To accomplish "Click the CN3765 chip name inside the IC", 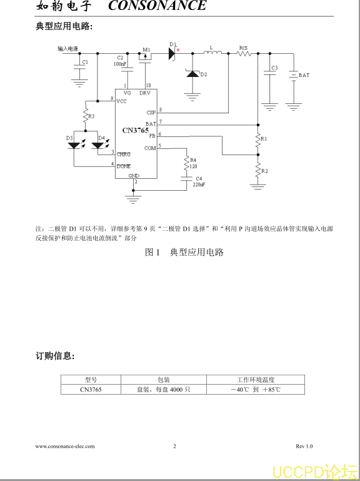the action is click(136, 130).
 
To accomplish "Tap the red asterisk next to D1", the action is click(177, 49).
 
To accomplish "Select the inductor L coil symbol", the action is click(212, 54).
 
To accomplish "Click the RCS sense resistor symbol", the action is click(244, 54).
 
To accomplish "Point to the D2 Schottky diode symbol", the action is click(192, 74).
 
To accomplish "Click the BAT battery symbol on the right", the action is click(294, 76).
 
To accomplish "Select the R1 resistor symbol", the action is click(258, 139).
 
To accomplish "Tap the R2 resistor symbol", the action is click(258, 171).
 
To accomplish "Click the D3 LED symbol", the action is click(74, 145).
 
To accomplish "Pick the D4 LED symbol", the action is click(98, 145).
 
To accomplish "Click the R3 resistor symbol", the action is click(86, 115).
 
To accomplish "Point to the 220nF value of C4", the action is click(199, 185).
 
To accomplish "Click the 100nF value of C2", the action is click(119, 64).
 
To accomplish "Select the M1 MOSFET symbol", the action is click(145, 58).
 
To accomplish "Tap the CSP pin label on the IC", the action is click(151, 113).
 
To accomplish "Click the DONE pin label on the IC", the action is click(124, 166).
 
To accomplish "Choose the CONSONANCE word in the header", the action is click(157, 6).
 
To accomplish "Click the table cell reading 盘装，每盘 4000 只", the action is click(164, 390).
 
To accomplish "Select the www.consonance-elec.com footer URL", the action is click(65, 447).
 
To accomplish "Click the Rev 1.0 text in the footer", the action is click(304, 447).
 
